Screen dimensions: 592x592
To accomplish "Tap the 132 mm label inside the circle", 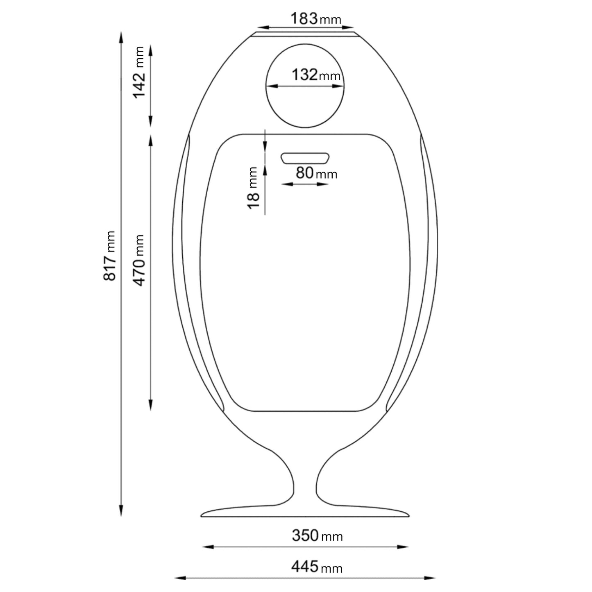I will coord(315,75).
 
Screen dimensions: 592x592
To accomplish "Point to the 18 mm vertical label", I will coord(254,187).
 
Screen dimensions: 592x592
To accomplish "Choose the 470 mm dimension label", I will coord(140,260).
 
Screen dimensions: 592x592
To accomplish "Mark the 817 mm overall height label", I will coord(110,256).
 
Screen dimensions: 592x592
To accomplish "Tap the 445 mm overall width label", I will coord(317,567).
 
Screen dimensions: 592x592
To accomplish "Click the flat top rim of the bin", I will coord(305,34).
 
